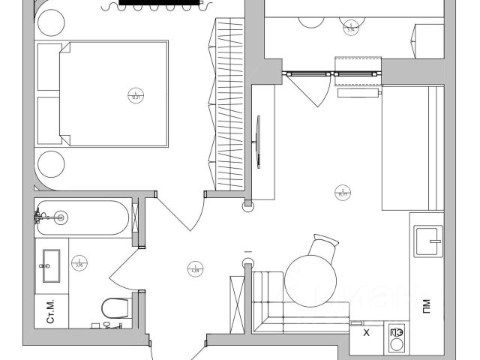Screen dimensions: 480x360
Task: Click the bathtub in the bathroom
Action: pyautogui.click(x=82, y=217)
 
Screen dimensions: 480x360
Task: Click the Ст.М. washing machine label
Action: pyautogui.click(x=52, y=310)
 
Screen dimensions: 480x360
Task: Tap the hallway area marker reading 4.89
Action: pyautogui.click(x=194, y=266)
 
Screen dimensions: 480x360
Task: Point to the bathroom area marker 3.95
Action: pyautogui.click(x=78, y=263)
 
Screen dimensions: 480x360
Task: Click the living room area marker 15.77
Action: pyautogui.click(x=343, y=191)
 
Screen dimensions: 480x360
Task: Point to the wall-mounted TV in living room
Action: pyautogui.click(x=259, y=142)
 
